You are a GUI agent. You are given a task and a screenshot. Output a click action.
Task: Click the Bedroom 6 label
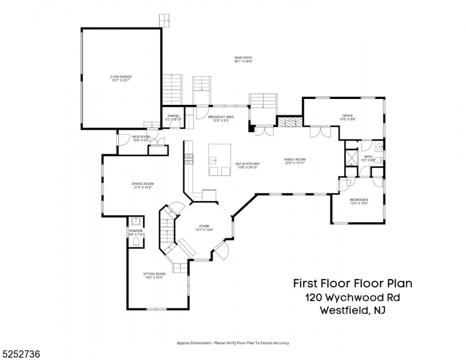click(x=359, y=201)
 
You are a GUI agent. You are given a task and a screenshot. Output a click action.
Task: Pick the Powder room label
click(x=136, y=232)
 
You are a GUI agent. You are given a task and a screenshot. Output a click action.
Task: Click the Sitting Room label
click(x=154, y=275)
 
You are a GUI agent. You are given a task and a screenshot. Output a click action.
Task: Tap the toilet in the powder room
click(x=136, y=242)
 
